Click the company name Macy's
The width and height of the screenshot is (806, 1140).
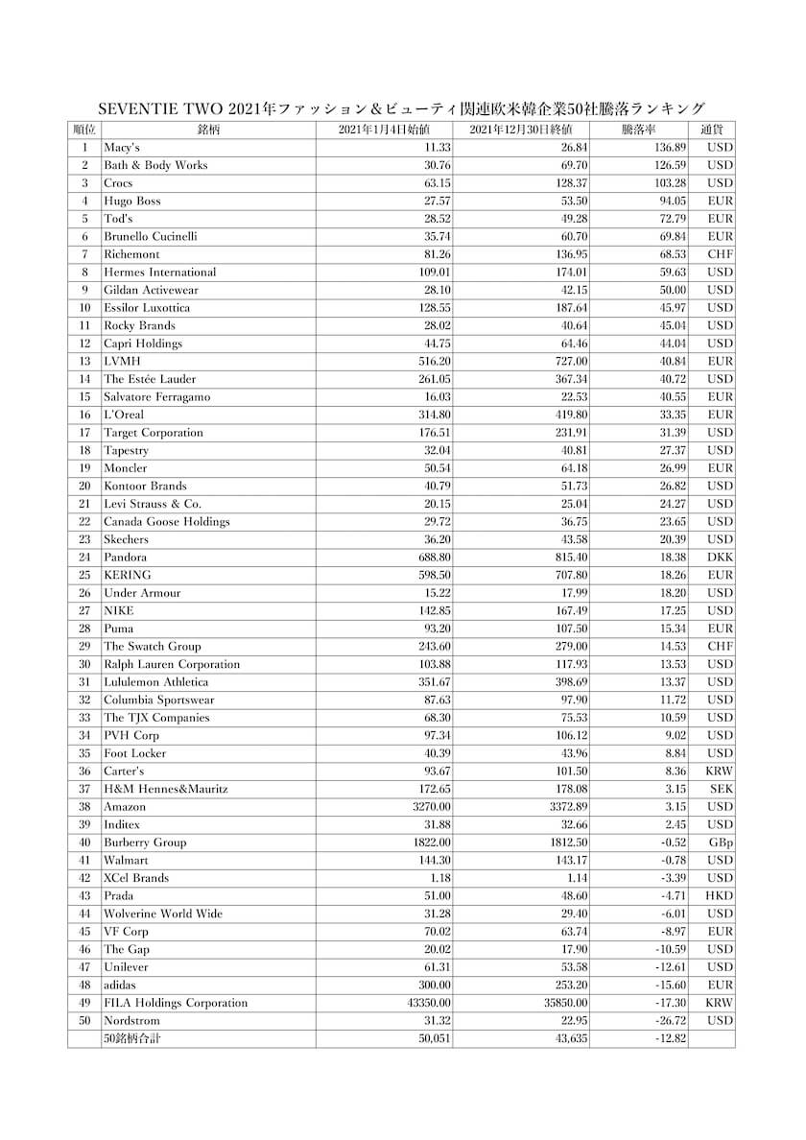122,148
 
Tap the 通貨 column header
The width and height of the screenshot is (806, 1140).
711,130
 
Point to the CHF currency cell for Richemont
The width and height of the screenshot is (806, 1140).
720,254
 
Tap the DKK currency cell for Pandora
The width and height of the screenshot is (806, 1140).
720,558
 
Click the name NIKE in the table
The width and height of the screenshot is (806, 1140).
119,610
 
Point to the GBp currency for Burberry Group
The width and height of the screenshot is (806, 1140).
721,843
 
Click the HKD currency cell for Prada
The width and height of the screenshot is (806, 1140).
719,896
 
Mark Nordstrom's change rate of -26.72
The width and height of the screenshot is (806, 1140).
668,1021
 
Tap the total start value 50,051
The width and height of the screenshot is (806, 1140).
435,1038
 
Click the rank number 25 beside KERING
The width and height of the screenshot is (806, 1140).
84,575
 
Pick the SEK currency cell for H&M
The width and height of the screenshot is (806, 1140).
722,789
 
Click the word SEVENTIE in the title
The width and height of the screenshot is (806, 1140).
142,108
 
